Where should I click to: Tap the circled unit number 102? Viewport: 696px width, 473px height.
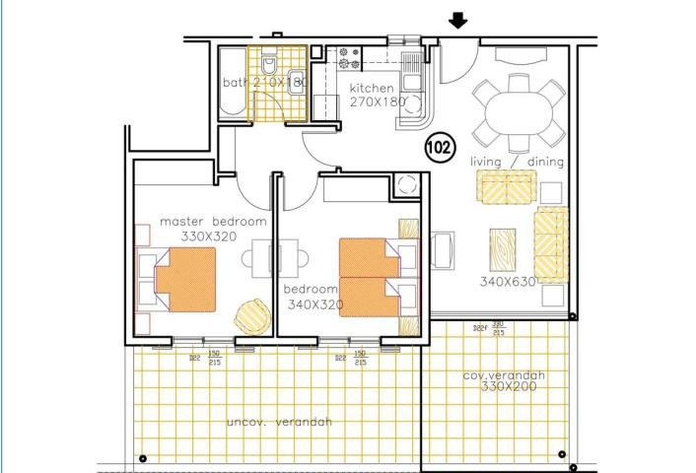(x=440, y=148)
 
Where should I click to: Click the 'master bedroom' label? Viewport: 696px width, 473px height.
(x=205, y=222)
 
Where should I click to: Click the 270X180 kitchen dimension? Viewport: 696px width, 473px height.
(x=375, y=101)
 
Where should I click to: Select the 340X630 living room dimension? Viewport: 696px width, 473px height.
(x=507, y=282)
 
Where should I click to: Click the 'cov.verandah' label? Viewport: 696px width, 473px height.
(x=504, y=376)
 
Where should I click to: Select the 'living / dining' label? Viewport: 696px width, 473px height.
(x=516, y=161)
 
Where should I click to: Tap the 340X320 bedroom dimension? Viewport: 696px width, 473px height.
(x=313, y=305)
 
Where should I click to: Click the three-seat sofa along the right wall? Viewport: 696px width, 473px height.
(x=551, y=242)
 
